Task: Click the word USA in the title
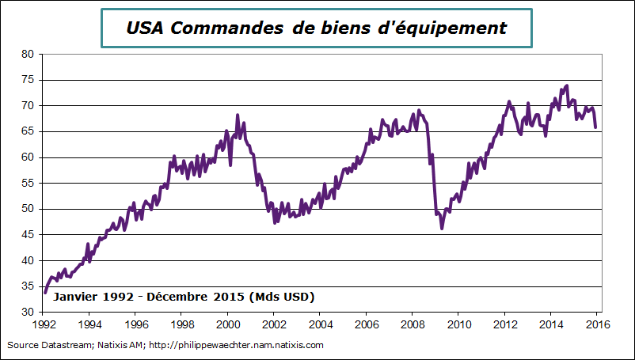click(146, 28)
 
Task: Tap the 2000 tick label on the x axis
click(228, 324)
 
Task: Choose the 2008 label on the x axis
click(413, 324)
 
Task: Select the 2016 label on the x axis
click(598, 324)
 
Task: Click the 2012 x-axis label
click(505, 324)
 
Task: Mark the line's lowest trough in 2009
click(442, 228)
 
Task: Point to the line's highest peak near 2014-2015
click(567, 85)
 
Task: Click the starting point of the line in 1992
click(44, 293)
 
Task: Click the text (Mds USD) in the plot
click(281, 297)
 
